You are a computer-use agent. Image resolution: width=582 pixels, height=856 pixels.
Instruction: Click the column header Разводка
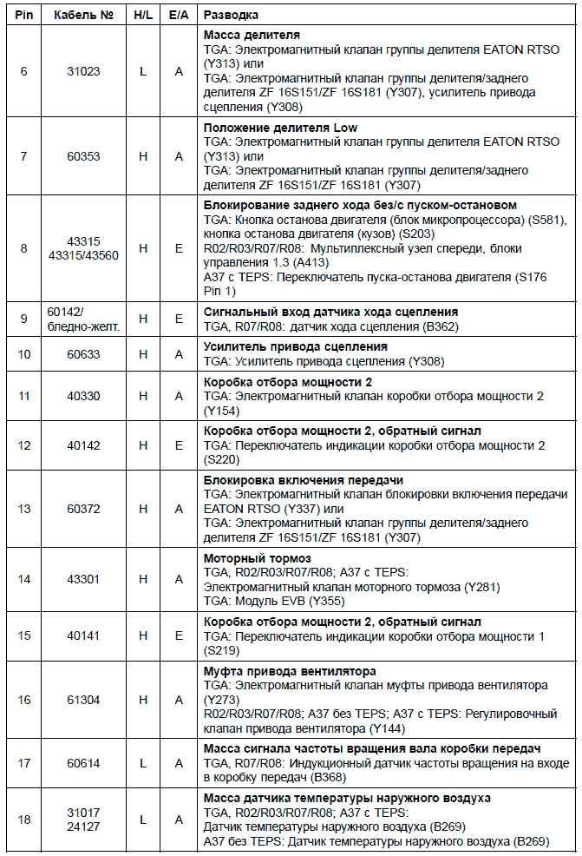click(231, 16)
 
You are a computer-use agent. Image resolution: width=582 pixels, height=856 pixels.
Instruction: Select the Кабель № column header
click(83, 16)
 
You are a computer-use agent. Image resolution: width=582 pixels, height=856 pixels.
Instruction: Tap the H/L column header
click(143, 16)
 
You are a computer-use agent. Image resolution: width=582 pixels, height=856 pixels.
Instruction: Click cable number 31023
click(84, 71)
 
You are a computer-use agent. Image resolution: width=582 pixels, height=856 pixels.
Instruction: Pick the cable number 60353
click(84, 156)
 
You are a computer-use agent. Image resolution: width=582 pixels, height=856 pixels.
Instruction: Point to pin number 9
click(24, 319)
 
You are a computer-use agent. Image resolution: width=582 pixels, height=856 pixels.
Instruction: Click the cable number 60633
click(84, 354)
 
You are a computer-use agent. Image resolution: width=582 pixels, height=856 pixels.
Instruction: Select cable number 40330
click(84, 396)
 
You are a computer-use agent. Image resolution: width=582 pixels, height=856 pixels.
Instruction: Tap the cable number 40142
click(84, 445)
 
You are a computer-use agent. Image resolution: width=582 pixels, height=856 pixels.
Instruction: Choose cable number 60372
click(84, 510)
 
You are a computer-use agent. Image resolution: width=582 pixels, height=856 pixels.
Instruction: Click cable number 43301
click(84, 579)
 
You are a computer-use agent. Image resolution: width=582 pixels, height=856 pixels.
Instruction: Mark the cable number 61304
click(84, 700)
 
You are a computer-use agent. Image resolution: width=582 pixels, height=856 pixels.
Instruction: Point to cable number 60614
click(84, 763)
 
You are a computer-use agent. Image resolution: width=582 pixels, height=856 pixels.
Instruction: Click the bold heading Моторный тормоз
click(258, 557)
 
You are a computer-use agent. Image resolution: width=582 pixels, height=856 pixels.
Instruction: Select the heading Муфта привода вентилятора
click(290, 671)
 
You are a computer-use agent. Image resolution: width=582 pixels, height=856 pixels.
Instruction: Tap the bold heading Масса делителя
click(252, 36)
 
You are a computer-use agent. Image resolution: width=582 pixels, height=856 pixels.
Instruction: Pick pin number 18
click(24, 820)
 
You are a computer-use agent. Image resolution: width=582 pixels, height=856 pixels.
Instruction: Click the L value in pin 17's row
click(143, 763)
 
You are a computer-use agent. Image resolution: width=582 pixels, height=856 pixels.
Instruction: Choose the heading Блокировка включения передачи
click(303, 480)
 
